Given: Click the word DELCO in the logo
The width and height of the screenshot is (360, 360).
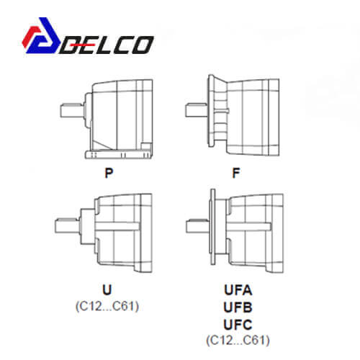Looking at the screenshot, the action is click(x=107, y=45).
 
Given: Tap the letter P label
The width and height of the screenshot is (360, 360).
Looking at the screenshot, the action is click(x=109, y=173).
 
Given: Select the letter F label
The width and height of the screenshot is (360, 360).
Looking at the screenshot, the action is click(x=236, y=173).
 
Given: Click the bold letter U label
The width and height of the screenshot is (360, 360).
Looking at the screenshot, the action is click(x=107, y=289).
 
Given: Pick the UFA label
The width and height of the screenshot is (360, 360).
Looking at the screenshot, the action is click(x=238, y=290).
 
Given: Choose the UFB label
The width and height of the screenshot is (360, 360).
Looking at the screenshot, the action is click(x=238, y=307).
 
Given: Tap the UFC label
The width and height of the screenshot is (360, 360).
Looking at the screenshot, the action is click(x=238, y=325).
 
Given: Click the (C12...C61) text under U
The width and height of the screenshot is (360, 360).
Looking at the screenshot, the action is click(x=107, y=306).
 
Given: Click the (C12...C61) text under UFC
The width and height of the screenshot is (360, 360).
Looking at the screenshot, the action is click(x=238, y=340).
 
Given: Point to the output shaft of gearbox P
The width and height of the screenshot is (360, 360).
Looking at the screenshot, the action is click(x=71, y=110).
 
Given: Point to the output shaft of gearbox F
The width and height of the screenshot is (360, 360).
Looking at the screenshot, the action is click(x=197, y=110).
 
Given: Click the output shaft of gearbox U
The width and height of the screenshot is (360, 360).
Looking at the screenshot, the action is click(x=67, y=226).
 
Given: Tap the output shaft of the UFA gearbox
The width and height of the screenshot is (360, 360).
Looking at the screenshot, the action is click(x=198, y=226).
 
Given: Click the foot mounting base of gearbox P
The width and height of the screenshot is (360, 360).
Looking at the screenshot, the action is click(x=119, y=154).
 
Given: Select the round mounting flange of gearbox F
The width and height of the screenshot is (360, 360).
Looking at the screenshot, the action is click(x=211, y=111).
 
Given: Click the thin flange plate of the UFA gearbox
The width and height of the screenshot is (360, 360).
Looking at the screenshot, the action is click(x=213, y=227).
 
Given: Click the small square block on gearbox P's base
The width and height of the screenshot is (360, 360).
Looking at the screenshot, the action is click(x=145, y=146).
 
